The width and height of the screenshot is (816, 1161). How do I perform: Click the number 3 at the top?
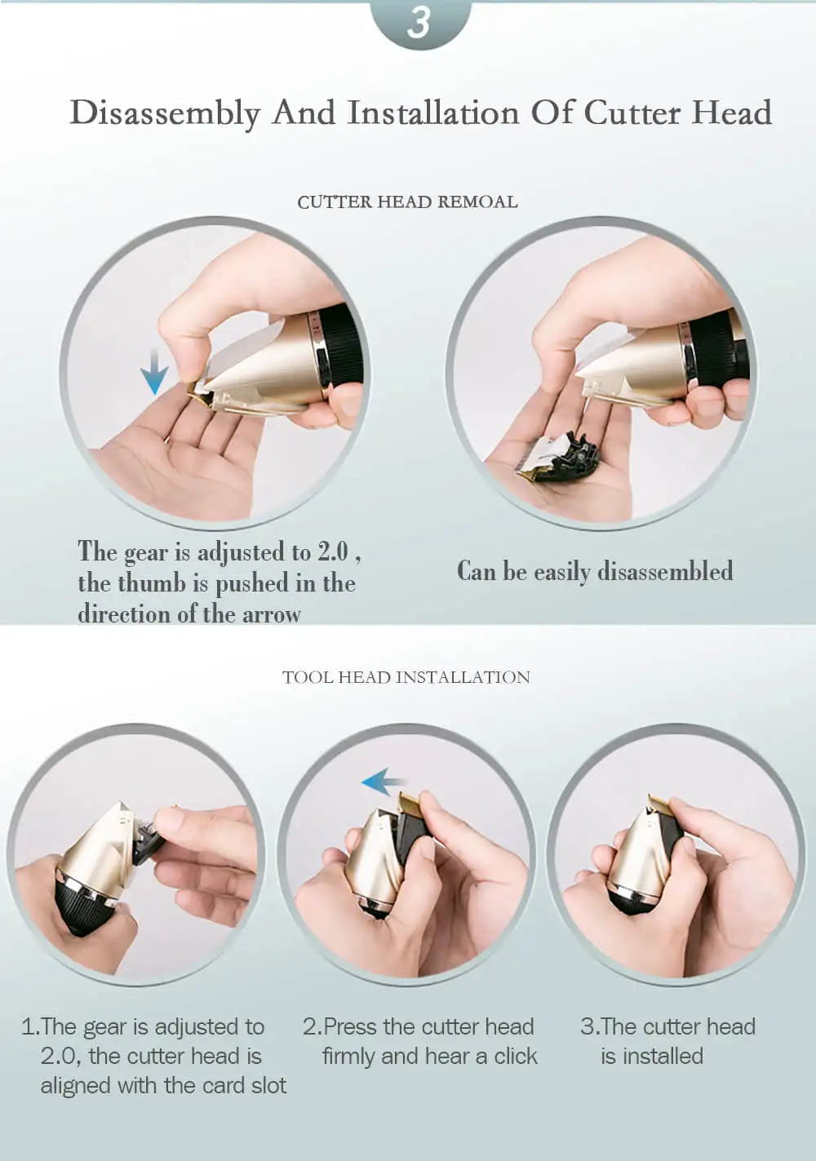[419, 22]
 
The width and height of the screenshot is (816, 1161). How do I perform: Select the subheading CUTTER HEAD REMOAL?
[407, 202]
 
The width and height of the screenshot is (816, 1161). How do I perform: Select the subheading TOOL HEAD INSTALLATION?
[406, 677]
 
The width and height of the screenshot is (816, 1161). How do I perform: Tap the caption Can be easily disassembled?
[595, 571]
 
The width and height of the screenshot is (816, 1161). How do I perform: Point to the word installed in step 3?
[663, 1057]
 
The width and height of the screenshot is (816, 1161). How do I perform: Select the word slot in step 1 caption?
[265, 1086]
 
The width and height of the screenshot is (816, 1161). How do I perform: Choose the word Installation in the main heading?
[432, 113]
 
